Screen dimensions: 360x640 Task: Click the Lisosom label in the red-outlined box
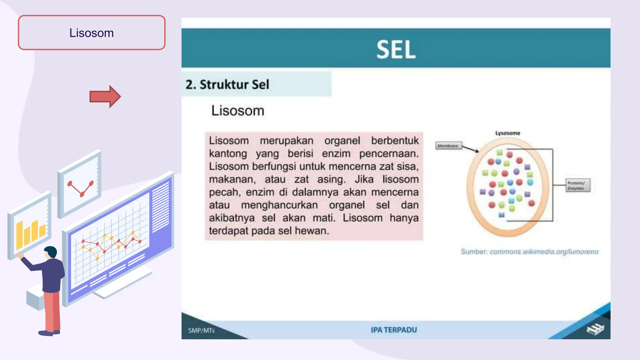tap(92, 33)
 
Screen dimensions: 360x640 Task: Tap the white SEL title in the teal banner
tap(396, 49)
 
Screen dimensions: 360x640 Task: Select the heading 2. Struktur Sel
tap(227, 84)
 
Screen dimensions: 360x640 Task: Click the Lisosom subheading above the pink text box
tap(238, 111)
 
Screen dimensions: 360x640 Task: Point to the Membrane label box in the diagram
tap(448, 146)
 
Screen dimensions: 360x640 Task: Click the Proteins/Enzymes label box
tap(577, 185)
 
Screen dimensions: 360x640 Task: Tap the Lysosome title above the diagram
tap(507, 133)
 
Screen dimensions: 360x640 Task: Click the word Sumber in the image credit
tap(473, 252)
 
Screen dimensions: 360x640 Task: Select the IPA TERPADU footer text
tap(394, 330)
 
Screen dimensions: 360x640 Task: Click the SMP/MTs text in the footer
tap(201, 331)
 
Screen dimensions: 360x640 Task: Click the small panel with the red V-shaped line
tap(80, 184)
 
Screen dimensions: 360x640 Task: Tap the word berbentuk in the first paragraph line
tap(395, 141)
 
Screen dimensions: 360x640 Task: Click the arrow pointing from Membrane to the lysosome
tap(471, 149)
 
